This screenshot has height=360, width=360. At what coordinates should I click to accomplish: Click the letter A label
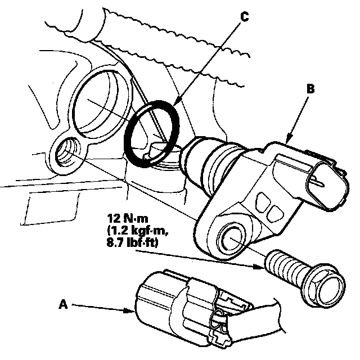[64, 305]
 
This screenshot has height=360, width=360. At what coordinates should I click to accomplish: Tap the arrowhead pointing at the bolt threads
[259, 267]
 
